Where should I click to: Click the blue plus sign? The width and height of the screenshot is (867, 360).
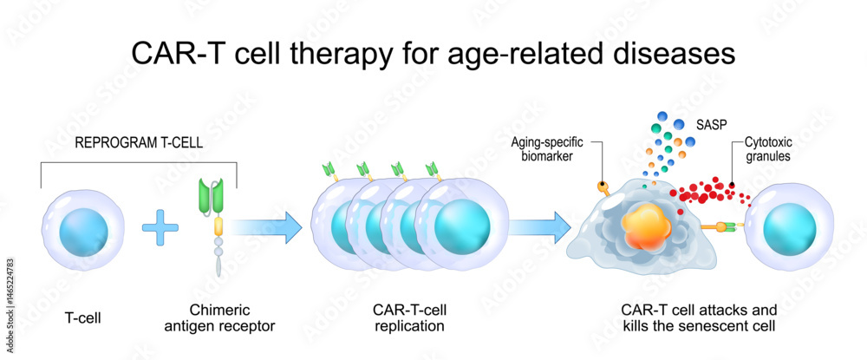tap(159, 229)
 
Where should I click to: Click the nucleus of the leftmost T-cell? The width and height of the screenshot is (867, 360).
tap(84, 230)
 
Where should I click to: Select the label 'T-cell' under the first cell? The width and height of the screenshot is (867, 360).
tap(83, 317)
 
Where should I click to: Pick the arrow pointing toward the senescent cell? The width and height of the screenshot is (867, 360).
tap(539, 229)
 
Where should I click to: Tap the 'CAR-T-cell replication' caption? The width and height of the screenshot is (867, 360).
tap(410, 317)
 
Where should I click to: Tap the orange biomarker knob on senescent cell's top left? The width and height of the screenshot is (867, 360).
tap(601, 186)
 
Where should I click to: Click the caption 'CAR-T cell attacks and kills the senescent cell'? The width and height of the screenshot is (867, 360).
tap(699, 317)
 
